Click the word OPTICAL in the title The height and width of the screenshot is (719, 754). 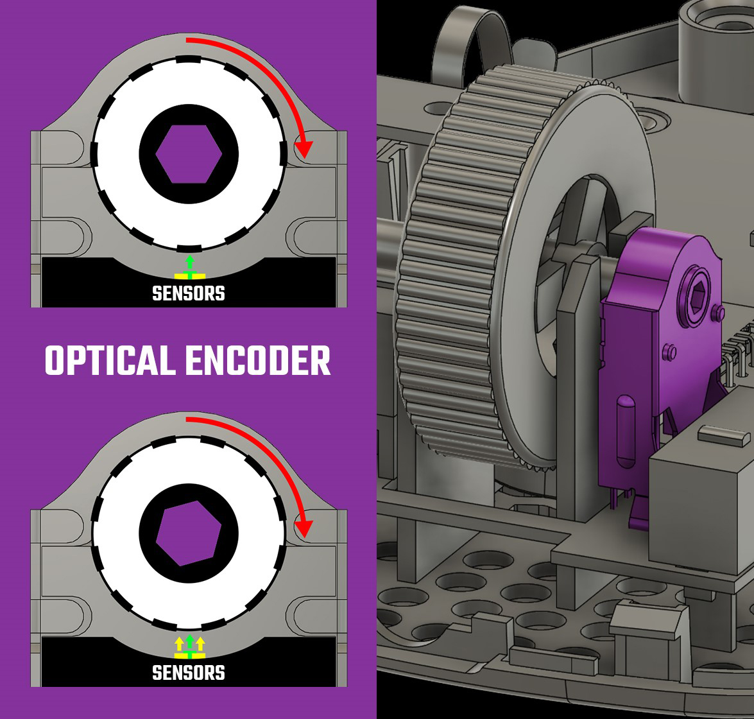point(110,360)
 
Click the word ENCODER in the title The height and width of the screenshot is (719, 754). point(258,360)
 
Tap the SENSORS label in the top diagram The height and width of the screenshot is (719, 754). point(189,293)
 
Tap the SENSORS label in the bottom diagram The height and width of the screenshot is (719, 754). point(189,673)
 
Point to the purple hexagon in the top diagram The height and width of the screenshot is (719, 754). point(189,154)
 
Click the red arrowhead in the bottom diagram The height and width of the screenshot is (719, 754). point(304,529)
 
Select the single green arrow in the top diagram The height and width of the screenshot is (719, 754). point(189,263)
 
